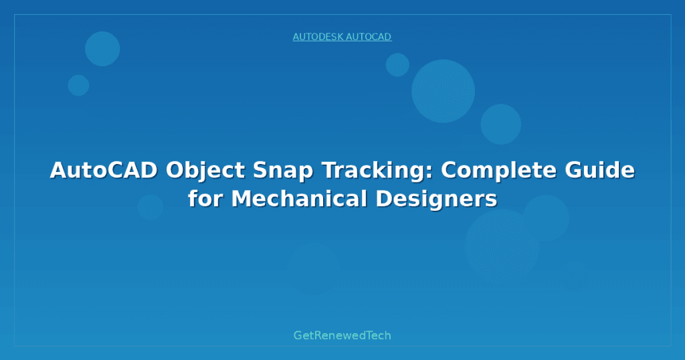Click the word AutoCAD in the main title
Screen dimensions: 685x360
click(104, 170)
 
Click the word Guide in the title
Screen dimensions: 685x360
click(599, 170)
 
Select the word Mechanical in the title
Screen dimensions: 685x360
click(299, 199)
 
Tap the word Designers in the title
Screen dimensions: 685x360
click(436, 200)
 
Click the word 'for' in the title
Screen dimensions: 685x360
click(205, 199)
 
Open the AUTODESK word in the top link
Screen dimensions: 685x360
click(318, 37)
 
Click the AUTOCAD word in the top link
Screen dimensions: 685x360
click(369, 37)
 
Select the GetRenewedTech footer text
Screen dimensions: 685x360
click(342, 335)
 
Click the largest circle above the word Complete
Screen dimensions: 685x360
click(443, 91)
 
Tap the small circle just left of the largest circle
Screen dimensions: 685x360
click(397, 65)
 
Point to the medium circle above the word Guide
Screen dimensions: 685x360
click(500, 124)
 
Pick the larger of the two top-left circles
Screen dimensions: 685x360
click(102, 48)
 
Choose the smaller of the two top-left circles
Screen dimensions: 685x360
click(79, 85)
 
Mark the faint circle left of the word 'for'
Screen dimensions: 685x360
click(151, 207)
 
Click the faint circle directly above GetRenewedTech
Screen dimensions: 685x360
click(314, 268)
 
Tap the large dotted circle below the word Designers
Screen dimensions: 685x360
click(502, 246)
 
